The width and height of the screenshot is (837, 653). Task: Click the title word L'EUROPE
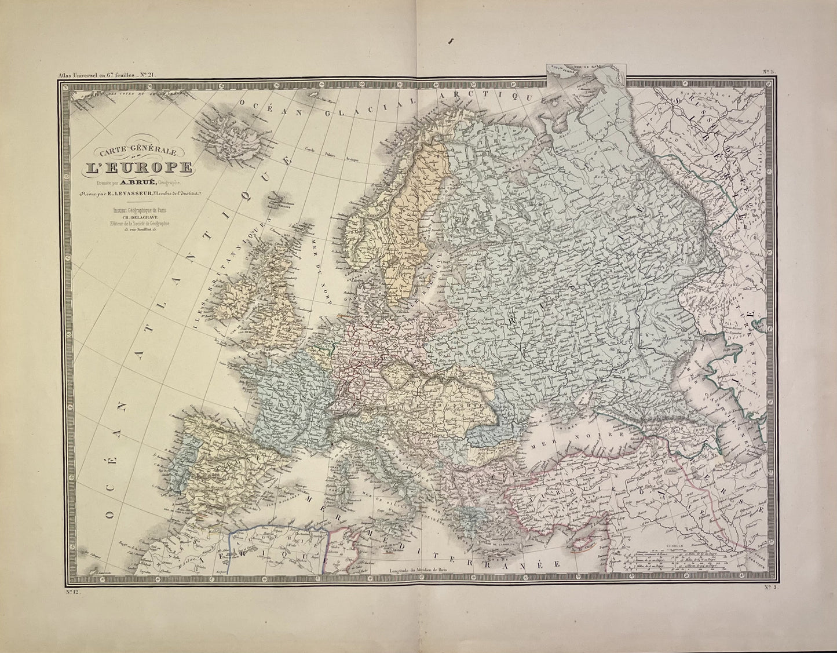coord(138,167)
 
